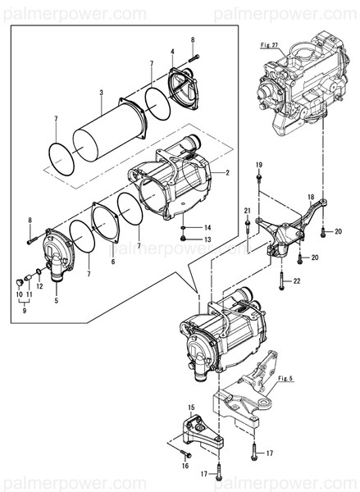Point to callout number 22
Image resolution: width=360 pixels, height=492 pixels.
pyautogui.click(x=297, y=281)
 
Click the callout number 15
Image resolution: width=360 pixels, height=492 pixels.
pyautogui.click(x=191, y=408)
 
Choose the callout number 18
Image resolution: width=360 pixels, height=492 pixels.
pyautogui.click(x=310, y=198)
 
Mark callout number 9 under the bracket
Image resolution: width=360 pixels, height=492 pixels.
pyautogui.click(x=24, y=312)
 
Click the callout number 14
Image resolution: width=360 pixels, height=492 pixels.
pyautogui.click(x=207, y=227)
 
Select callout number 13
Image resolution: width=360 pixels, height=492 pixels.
pyautogui.click(x=207, y=239)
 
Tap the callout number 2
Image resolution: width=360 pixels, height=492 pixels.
pyautogui.click(x=226, y=173)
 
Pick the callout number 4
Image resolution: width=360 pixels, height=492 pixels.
pyautogui.click(x=172, y=52)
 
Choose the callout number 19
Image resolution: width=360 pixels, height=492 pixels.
pyautogui.click(x=259, y=165)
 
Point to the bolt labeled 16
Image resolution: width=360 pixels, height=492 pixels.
pyautogui.click(x=183, y=449)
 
